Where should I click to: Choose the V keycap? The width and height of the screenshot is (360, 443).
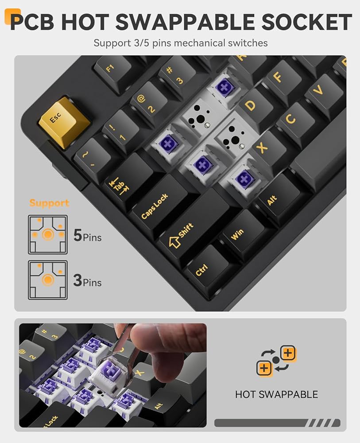click(318, 90)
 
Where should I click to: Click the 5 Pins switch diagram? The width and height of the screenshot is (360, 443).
click(48, 234)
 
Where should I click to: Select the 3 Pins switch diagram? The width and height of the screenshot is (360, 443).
click(48, 280)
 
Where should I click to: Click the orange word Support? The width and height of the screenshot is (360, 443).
click(49, 203)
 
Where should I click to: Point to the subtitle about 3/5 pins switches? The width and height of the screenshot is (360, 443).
click(180, 43)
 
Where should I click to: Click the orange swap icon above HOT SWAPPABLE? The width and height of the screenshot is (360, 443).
click(276, 360)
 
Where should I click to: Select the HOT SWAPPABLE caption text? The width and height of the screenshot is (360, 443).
click(276, 394)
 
